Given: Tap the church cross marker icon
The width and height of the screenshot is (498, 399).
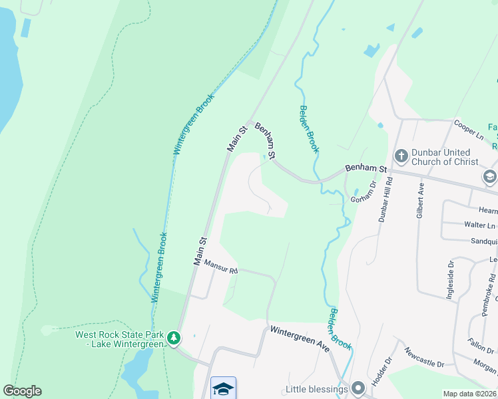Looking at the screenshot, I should [x=401, y=156].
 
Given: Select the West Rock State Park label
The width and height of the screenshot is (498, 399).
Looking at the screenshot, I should [x=120, y=339].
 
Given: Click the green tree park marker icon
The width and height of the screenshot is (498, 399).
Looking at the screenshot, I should [x=174, y=338].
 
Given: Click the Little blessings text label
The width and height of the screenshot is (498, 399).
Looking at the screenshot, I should [x=317, y=388].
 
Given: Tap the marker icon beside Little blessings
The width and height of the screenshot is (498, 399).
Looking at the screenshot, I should [x=359, y=388].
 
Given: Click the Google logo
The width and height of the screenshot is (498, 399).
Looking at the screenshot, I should [x=22, y=391].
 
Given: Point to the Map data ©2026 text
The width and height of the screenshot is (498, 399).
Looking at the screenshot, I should [x=469, y=394].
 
